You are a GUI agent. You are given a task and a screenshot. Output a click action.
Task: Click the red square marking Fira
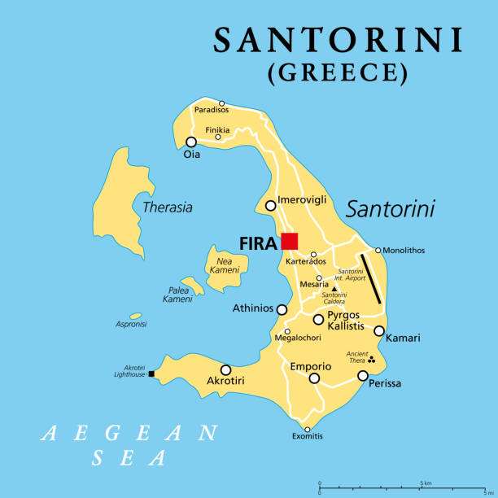[x=290, y=241]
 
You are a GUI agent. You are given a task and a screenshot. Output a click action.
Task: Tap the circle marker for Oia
[x=191, y=142]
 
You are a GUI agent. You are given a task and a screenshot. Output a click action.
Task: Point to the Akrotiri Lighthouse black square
[x=151, y=374]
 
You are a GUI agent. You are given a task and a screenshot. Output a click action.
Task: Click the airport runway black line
[x=370, y=278]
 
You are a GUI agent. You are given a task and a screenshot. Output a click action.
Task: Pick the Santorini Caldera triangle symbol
[x=334, y=288]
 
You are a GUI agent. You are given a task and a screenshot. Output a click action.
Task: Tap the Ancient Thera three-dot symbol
[x=372, y=360]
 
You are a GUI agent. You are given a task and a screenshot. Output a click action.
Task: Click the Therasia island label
[x=168, y=207]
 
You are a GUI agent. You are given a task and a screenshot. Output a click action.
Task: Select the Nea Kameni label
[x=225, y=264]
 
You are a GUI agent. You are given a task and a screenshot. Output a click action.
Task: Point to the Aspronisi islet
[x=136, y=316]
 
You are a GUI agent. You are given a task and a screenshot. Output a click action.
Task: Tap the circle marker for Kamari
[x=379, y=330]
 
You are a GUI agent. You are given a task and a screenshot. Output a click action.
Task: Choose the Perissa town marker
[x=363, y=376]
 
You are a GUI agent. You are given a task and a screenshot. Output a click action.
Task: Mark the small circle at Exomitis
[x=308, y=429]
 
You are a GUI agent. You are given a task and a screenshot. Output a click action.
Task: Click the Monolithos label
[x=404, y=251]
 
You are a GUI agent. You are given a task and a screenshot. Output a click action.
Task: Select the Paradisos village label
[x=211, y=110]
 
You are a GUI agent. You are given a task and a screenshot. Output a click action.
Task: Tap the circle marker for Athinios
[x=282, y=309]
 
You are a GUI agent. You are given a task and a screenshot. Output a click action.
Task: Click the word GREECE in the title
[x=338, y=73]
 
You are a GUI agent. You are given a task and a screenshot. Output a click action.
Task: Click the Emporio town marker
[x=314, y=378]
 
